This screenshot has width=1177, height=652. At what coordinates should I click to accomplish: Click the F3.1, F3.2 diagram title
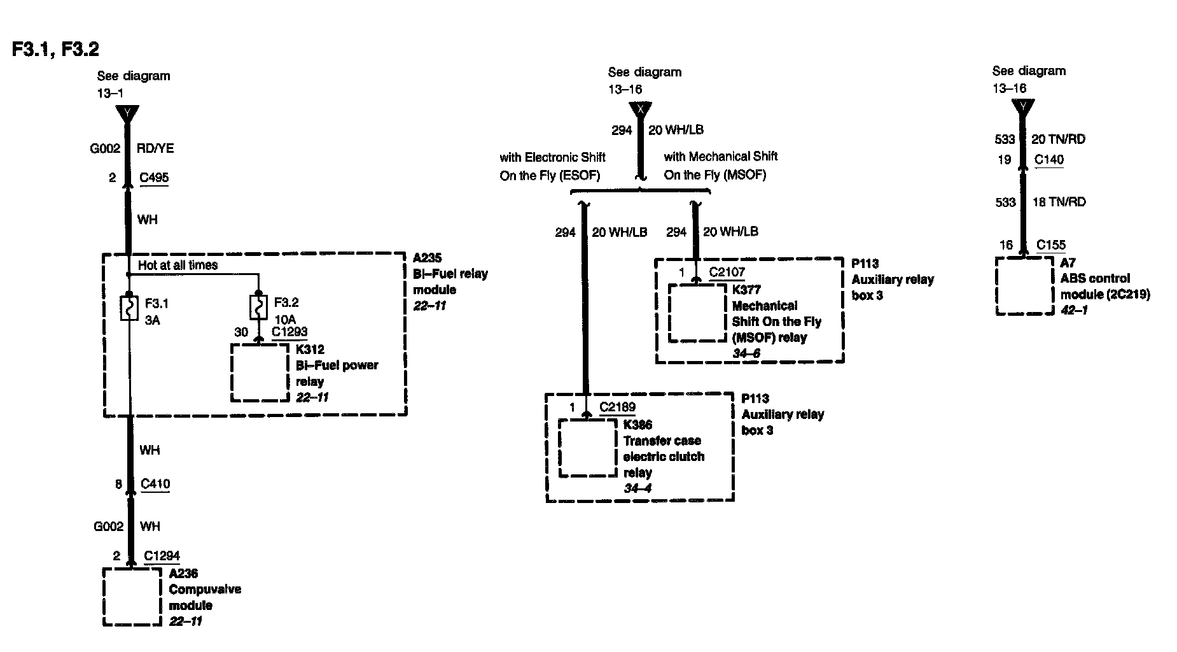56,49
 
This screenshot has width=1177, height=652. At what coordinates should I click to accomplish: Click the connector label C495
155,178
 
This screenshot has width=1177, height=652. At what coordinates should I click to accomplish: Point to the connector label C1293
289,332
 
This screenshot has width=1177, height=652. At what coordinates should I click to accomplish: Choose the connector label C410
155,484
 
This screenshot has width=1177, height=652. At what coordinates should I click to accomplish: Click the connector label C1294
162,556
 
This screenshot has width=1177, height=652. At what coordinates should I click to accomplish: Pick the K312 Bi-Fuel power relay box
260,373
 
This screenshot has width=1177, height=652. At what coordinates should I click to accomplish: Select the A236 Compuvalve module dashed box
132,597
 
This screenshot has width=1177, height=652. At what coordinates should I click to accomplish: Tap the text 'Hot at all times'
178,265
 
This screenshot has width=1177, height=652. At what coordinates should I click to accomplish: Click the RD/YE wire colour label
155,148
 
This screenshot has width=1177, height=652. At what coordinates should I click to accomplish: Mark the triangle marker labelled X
640,110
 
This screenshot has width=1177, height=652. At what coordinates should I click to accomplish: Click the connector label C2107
727,273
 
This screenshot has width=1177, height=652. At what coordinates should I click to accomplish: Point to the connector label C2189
617,407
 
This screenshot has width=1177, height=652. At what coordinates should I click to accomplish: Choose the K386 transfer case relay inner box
587,448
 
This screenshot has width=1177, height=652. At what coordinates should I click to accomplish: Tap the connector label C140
1049,160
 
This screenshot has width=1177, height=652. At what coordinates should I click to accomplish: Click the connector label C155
1051,245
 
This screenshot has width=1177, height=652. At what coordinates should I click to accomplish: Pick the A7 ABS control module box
1024,286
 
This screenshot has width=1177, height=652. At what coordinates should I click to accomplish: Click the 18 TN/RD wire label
1059,202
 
